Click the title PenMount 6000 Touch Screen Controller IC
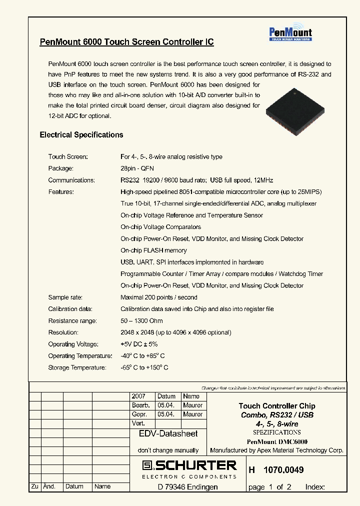click(126, 42)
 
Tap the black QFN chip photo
click(294, 112)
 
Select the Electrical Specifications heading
click(81, 134)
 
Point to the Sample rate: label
click(65, 297)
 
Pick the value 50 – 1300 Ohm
click(141, 321)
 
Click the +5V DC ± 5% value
click(139, 344)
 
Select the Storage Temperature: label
click(77, 367)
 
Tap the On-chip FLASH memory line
click(153, 250)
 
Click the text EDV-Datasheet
click(168, 434)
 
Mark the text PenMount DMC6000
click(277, 442)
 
